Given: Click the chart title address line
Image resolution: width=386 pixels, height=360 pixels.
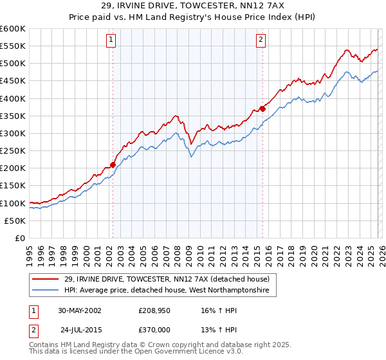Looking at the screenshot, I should tap(193, 5).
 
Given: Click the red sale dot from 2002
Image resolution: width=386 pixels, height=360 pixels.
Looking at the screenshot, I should tap(113, 165).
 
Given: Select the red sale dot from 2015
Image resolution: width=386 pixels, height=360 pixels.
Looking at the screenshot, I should tap(262, 109).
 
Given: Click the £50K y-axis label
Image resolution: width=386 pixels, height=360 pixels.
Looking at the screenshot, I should tap(15, 221).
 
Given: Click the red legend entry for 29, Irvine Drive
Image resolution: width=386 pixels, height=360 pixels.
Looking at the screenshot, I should tap(170, 279).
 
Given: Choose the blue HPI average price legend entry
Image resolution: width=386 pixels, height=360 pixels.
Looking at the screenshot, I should tap(170, 291).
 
